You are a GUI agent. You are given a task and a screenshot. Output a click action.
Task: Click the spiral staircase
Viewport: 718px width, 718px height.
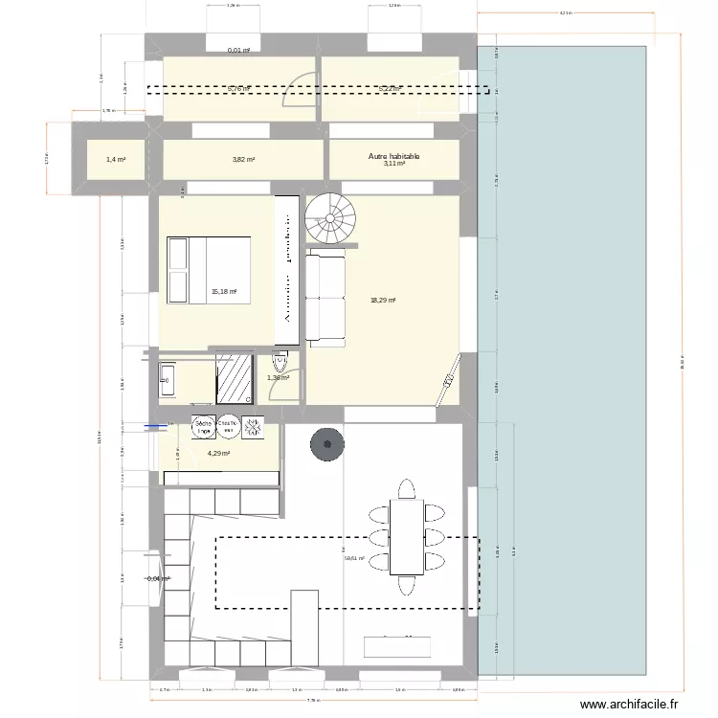pyautogui.click(x=330, y=219)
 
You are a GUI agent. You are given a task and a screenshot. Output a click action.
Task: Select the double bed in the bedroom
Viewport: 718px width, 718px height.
pyautogui.click(x=209, y=271)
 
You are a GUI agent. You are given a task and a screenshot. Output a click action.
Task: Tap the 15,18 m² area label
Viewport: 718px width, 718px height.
pyautogui.click(x=223, y=293)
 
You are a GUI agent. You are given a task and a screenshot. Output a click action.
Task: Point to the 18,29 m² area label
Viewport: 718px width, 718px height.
pyautogui.click(x=383, y=301)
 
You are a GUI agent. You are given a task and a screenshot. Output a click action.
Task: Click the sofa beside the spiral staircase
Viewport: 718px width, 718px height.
pyautogui.click(x=325, y=298)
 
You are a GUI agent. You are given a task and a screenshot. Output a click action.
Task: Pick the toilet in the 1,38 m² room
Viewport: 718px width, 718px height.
pyautogui.click(x=280, y=365)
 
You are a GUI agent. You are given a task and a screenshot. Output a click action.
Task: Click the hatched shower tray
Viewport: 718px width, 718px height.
pyautogui.click(x=233, y=377)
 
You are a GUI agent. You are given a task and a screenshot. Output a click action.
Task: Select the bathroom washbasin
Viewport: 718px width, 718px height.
pyautogui.click(x=168, y=380)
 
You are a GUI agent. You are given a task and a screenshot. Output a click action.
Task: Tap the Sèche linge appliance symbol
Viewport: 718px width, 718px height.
pyautogui.click(x=203, y=426)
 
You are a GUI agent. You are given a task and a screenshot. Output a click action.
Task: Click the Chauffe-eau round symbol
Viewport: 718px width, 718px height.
pyautogui.click(x=228, y=426)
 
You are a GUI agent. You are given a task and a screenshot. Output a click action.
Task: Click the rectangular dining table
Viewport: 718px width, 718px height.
pyautogui.click(x=408, y=537)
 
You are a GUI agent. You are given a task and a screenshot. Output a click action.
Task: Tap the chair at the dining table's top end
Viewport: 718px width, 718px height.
pyautogui.click(x=408, y=489)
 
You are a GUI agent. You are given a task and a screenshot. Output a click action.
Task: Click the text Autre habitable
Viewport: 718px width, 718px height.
pyautogui.click(x=394, y=156)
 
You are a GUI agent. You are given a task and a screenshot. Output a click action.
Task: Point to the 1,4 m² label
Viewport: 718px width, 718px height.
pyautogui.click(x=113, y=160)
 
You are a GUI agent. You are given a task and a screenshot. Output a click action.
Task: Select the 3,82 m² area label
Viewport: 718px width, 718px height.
pyautogui.click(x=243, y=160)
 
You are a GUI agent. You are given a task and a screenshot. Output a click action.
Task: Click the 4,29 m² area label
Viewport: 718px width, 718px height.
pyautogui.click(x=219, y=454)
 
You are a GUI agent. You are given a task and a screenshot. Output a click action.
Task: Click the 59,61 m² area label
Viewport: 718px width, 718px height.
pyautogui.click(x=355, y=558)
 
